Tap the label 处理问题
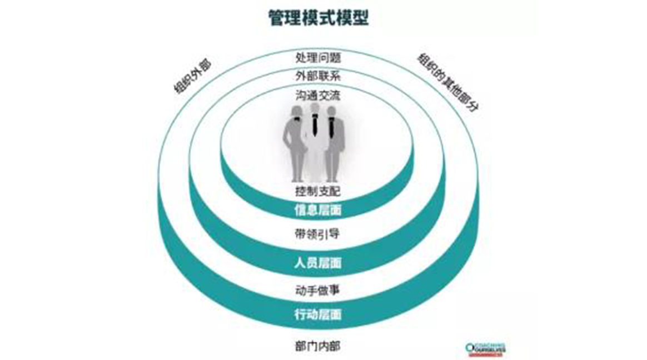pos(317,57)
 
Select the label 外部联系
pos(317,76)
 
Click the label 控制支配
pos(317,192)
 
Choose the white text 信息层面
pos(317,211)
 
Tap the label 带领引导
pos(317,234)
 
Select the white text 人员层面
pos(317,263)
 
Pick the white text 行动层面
pos(317,315)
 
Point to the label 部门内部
pos(317,346)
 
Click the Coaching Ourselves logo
pos(485,348)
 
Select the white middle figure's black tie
pos(315,124)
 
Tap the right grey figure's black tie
pos(332,128)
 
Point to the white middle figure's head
pos(315,108)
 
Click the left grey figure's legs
pos(295,164)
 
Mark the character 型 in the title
pos(358,17)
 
